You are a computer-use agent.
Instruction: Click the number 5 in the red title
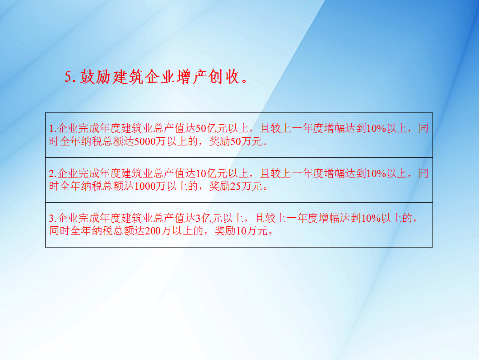(68, 77)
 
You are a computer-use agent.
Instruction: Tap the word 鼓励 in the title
(95, 77)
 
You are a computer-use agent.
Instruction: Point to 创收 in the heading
(224, 77)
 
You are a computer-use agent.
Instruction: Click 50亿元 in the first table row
(211, 128)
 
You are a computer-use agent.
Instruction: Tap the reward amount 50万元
(246, 141)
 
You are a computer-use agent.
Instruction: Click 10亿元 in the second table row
(211, 173)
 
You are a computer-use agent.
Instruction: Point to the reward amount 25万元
(246, 186)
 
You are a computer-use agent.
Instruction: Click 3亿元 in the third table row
(209, 218)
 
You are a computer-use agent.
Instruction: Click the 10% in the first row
(377, 128)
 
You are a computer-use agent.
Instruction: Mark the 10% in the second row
(377, 173)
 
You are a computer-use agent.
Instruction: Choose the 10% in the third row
(371, 218)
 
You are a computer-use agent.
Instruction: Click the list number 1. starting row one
(53, 128)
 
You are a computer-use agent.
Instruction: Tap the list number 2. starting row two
(53, 173)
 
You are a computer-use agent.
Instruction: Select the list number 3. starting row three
(53, 218)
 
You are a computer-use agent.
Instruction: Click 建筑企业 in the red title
(143, 77)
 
